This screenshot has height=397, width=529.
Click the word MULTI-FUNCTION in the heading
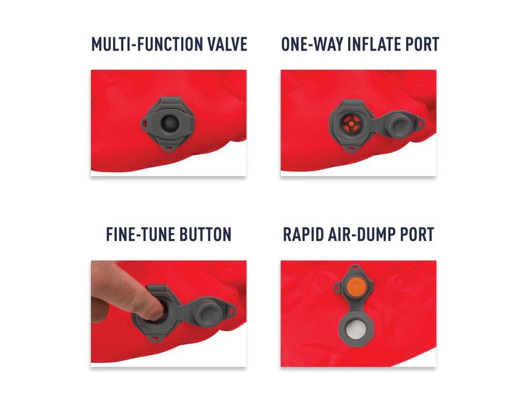pos(147,44)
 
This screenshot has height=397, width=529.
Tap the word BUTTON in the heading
pos(206,234)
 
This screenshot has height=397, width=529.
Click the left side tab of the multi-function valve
pos(144,124)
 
